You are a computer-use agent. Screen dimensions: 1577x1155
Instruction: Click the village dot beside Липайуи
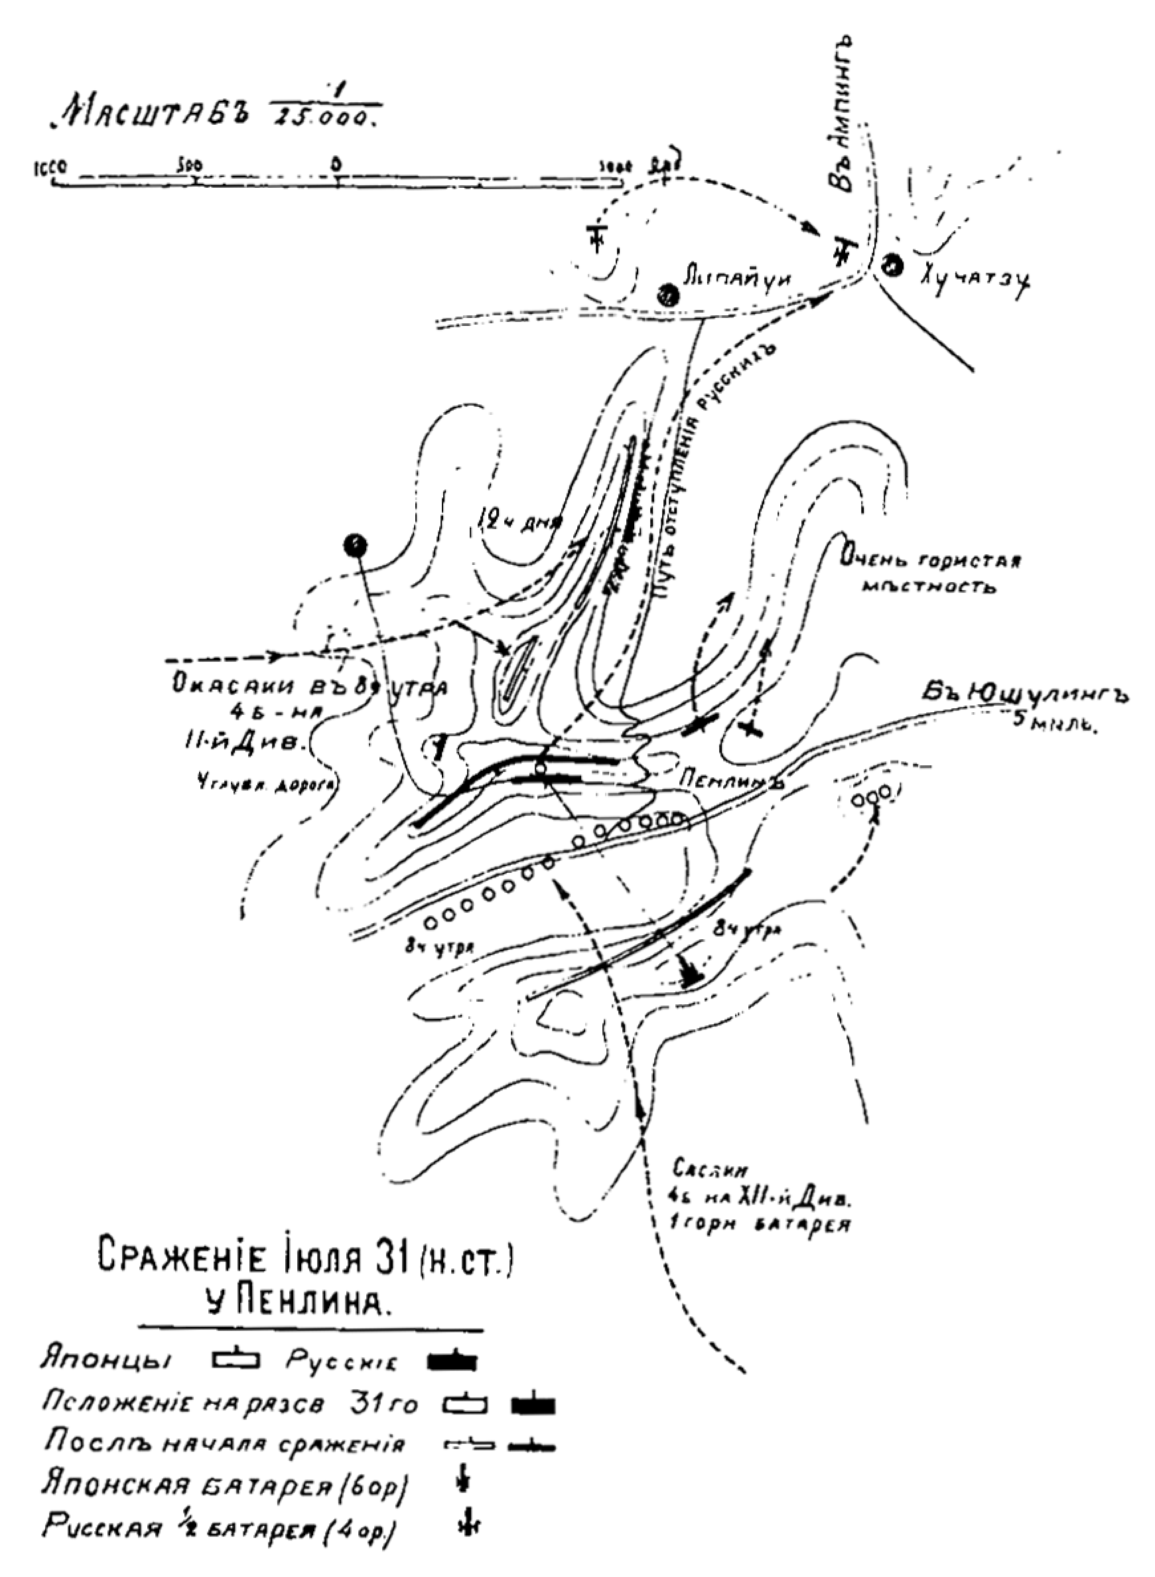tap(669, 295)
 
